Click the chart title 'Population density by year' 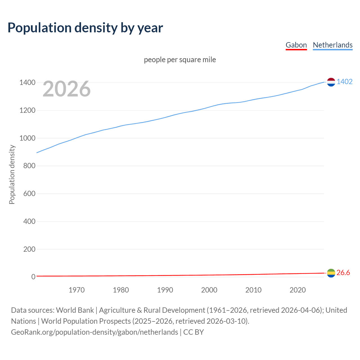(x=85, y=28)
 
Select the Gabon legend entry (x=296, y=45)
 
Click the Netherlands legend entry (x=332, y=45)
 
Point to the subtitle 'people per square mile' (x=180, y=60)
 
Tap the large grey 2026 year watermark (x=67, y=89)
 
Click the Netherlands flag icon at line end (x=331, y=82)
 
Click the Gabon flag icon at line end (x=331, y=273)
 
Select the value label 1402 (x=345, y=82)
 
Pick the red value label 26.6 (x=343, y=273)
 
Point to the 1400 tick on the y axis (x=27, y=83)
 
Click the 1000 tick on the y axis (x=27, y=138)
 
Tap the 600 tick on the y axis (x=29, y=193)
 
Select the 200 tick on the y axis (x=29, y=249)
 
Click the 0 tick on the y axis (x=33, y=277)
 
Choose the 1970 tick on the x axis (x=76, y=290)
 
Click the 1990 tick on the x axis (x=165, y=290)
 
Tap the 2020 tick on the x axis (x=298, y=290)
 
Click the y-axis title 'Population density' (x=12, y=174)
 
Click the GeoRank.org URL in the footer (x=94, y=332)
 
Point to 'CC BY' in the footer (x=193, y=332)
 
